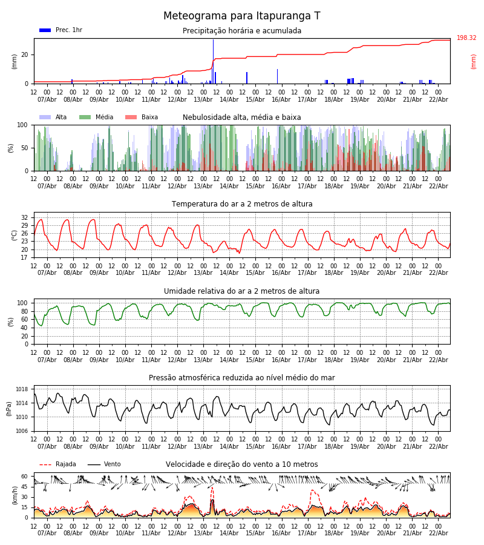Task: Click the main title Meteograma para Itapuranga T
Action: click(242, 16)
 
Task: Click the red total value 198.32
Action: click(466, 38)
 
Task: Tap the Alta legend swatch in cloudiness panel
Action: click(45, 117)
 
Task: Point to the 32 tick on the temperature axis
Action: click(25, 217)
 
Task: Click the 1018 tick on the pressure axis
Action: click(22, 389)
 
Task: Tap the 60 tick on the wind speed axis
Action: click(25, 477)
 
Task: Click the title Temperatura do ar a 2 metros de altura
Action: click(242, 204)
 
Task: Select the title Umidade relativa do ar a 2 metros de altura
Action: click(242, 291)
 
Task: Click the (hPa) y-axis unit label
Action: click(10, 408)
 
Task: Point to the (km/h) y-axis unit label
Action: click(15, 495)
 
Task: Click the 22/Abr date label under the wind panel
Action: click(438, 533)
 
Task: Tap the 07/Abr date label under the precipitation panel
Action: click(47, 99)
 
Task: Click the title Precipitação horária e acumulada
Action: click(242, 31)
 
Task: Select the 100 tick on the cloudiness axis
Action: click(22, 125)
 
